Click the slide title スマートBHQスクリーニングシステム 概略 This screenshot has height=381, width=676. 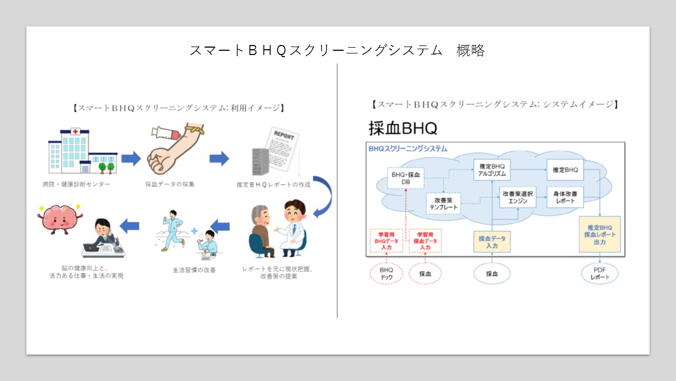coord(337,50)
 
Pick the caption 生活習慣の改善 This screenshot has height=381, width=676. coord(194,270)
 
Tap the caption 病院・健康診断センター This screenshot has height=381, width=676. coord(77,184)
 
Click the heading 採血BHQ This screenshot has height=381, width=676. coord(403,128)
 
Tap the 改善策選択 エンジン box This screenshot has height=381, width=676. coord(518,197)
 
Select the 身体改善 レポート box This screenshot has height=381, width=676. coord(565,197)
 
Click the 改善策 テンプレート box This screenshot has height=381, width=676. coord(444,203)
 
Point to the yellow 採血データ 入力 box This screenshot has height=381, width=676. coord(492,242)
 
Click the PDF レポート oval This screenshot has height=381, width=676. coord(599,274)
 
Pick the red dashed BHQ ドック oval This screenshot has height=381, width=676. coord(387,274)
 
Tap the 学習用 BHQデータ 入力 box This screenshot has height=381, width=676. coord(387,241)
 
